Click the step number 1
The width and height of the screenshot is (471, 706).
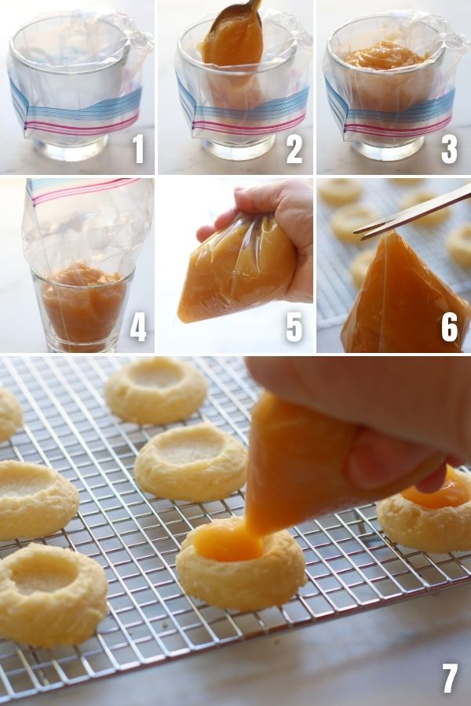click(138, 149)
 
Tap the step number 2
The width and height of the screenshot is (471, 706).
click(294, 149)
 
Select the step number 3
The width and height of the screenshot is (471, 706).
click(449, 149)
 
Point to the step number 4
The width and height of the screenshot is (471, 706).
click(138, 327)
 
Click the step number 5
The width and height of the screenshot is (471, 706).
click(294, 327)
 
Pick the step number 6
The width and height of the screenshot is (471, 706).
click(449, 327)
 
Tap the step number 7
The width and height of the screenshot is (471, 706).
click(449, 679)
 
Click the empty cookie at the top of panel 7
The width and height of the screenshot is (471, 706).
click(156, 389)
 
